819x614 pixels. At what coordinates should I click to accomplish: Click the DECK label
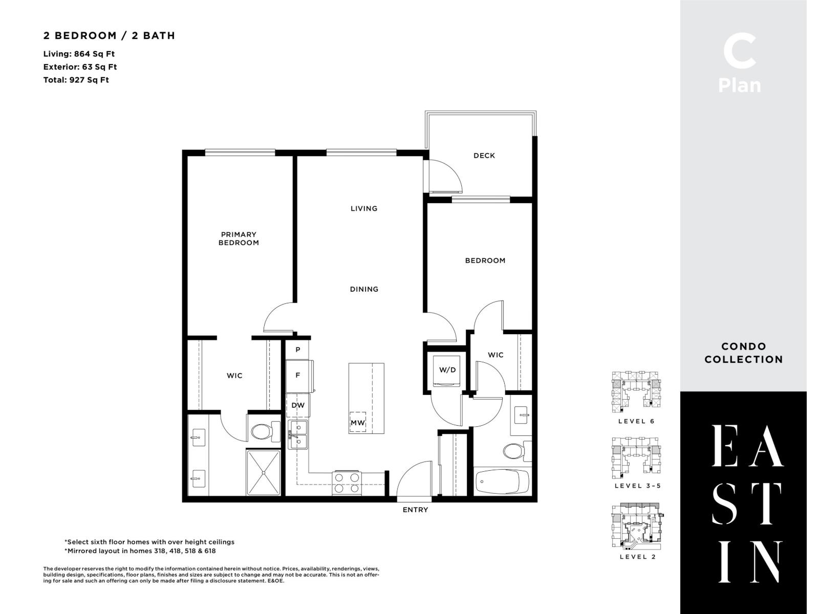point(484,156)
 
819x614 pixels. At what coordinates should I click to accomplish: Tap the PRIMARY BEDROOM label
point(239,238)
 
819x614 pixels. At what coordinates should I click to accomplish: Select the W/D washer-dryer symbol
point(447,370)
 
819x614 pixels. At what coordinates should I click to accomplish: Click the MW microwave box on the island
point(358,423)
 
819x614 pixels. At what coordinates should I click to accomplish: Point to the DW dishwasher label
point(298,405)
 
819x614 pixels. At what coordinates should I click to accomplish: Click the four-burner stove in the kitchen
point(347,483)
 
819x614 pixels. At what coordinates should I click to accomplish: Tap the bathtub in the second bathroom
point(502,481)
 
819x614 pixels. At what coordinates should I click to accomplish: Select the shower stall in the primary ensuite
point(264,472)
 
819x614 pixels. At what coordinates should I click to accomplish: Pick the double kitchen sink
point(298,434)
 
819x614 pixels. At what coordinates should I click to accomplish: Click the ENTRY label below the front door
point(415,510)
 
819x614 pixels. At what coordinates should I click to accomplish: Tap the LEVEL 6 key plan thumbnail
point(636,392)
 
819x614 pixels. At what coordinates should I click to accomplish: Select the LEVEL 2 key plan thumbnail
point(637,527)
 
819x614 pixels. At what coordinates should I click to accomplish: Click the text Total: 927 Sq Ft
point(76,80)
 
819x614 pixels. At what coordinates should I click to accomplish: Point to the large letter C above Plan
point(739,52)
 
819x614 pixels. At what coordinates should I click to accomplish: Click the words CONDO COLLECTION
point(743,353)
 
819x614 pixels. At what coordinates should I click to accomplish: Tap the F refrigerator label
point(297,375)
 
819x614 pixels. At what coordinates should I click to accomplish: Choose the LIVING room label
point(364,208)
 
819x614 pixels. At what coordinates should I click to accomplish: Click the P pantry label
point(297,349)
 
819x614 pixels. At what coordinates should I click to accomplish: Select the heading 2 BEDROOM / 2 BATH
point(109,35)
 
